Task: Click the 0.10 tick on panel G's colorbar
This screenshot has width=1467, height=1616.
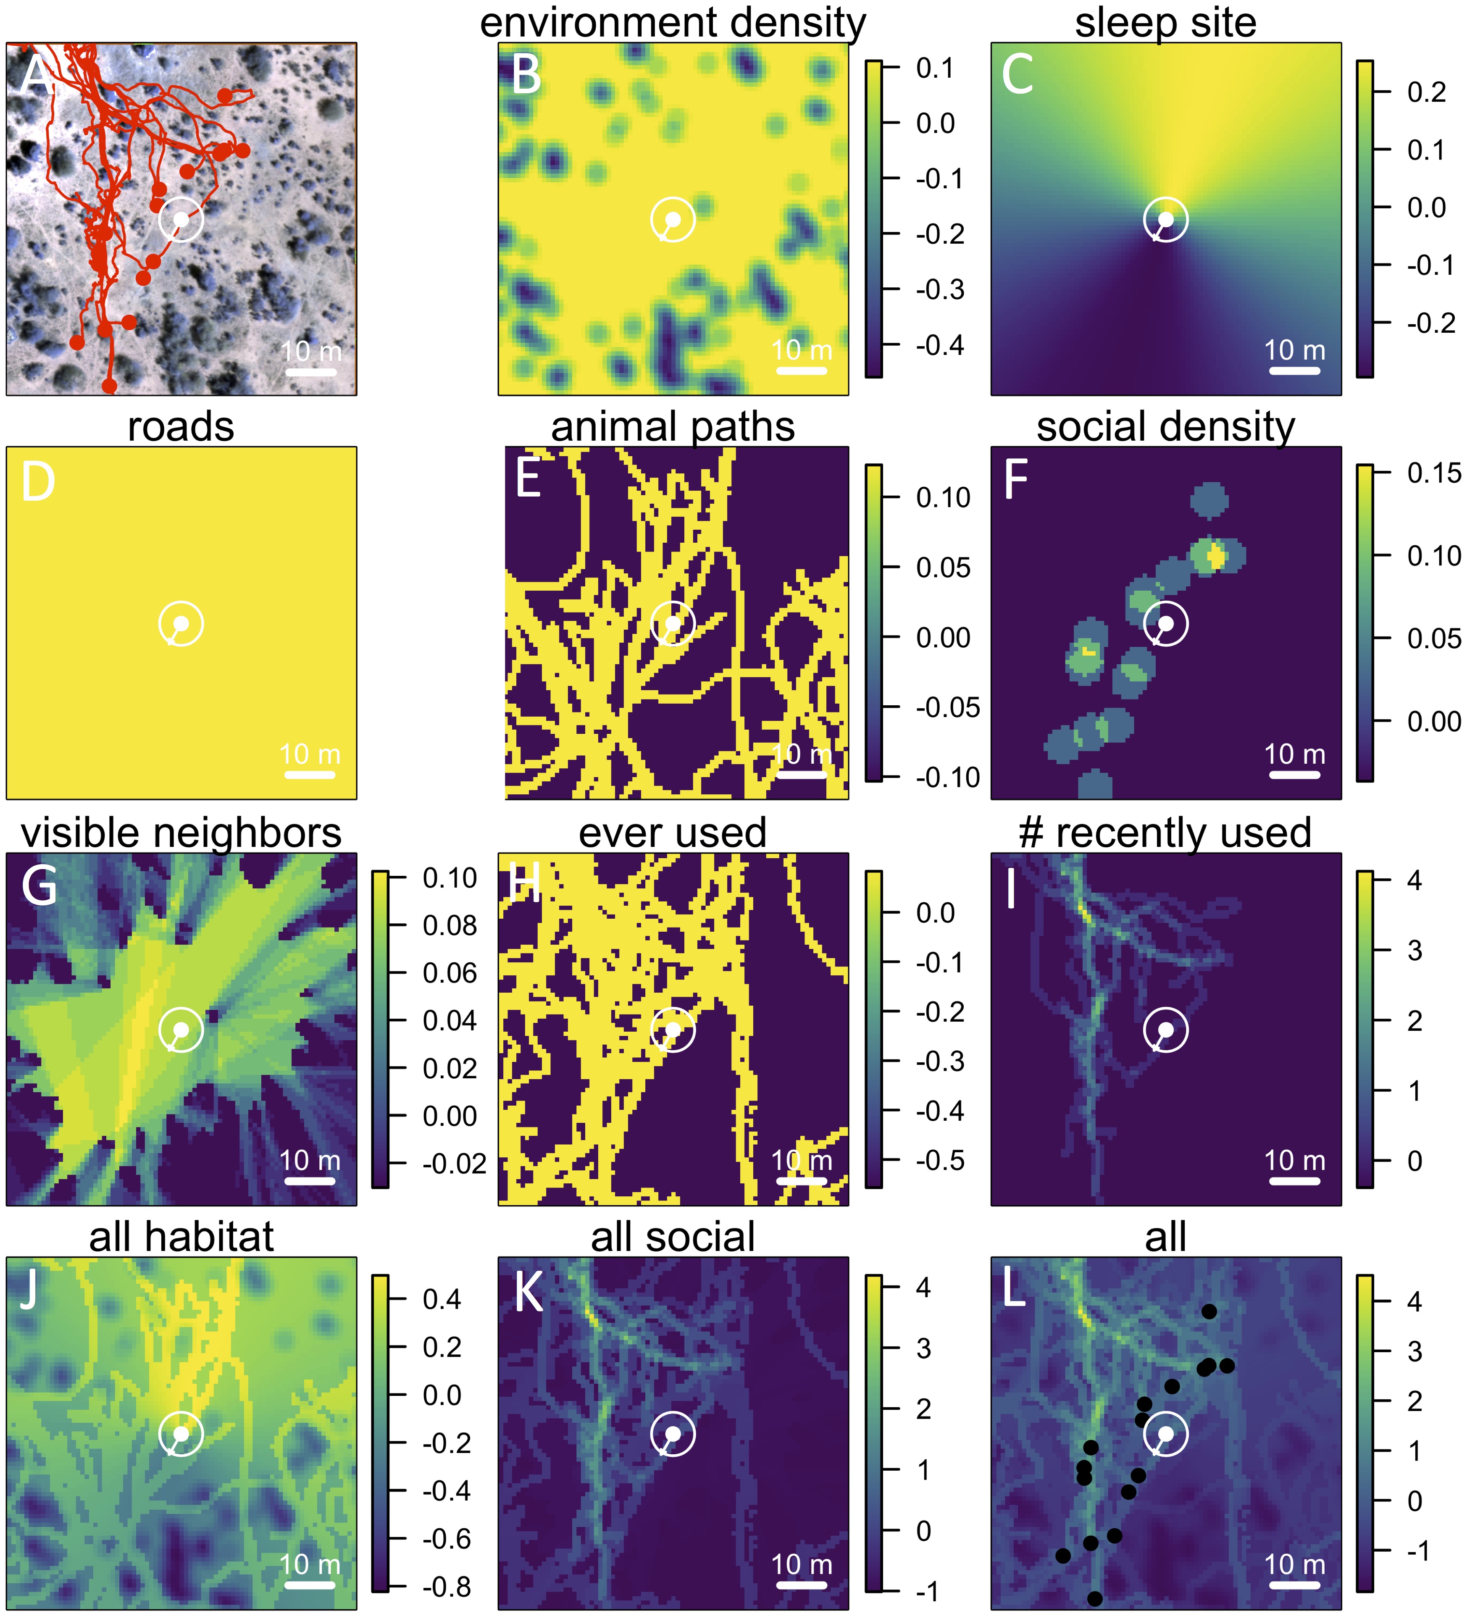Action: coord(449,878)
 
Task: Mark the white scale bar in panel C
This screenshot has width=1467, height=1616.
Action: coord(1295,370)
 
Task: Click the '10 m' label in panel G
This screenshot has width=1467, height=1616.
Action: coord(310,1160)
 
